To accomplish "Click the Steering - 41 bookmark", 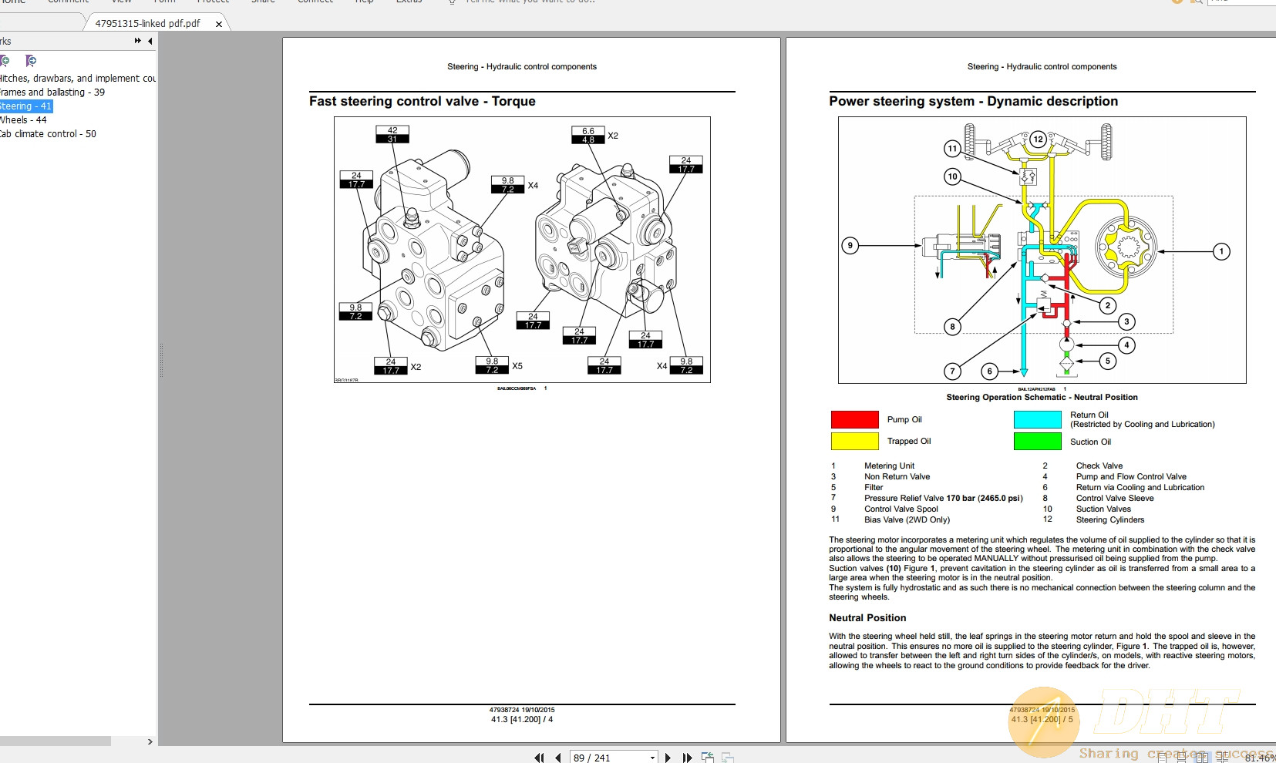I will [25, 106].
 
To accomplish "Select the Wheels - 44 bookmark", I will [24, 120].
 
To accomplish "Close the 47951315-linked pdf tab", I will [219, 24].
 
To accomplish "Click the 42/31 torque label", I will [392, 135].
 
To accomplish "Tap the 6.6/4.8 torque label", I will [588, 136].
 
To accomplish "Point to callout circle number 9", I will [850, 246].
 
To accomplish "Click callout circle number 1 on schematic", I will [1221, 251].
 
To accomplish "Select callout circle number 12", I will [1039, 139].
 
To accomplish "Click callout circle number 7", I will [953, 371].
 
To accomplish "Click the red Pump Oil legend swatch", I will [854, 419].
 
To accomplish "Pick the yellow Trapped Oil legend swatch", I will [854, 441].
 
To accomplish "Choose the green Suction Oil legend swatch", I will [1037, 442].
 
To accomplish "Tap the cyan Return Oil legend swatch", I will [1037, 419].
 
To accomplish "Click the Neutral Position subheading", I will [867, 618].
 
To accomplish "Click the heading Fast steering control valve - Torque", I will [422, 102].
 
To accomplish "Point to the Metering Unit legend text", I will [889, 466].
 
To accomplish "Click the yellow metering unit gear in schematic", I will [1126, 247].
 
